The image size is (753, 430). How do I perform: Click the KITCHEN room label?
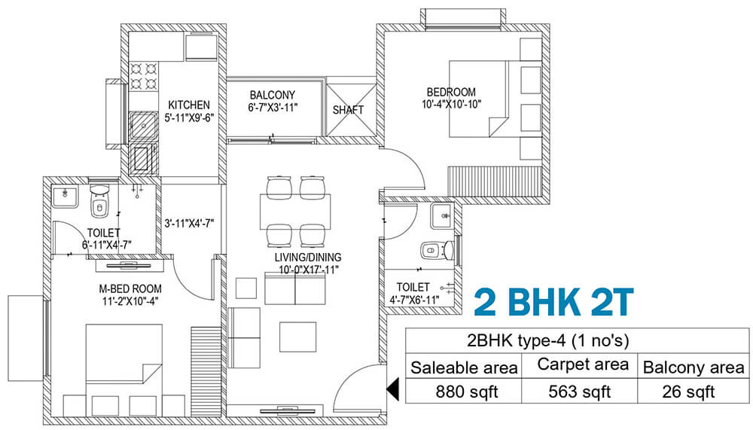pos(189,105)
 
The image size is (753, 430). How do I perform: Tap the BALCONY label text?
pos(273,95)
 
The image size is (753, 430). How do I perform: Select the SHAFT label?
pos(348,110)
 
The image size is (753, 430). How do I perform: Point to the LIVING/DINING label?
pos(308,258)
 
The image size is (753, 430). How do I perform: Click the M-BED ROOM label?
pos(130,289)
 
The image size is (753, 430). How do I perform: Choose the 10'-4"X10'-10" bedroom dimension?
pos(451,104)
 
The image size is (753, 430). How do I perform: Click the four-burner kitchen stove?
pos(144,76)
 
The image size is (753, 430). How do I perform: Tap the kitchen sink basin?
pos(143,127)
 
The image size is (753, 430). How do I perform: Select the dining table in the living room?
pos(295,212)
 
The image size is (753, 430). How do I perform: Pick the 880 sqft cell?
pos(466,392)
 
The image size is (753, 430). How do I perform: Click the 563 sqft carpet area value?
pos(580,392)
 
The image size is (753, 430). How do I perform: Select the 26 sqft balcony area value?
pos(688,392)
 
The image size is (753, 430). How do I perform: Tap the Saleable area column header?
pos(464,368)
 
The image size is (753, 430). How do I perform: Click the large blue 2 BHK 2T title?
pos(553,302)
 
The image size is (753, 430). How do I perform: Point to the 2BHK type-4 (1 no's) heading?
pos(547,341)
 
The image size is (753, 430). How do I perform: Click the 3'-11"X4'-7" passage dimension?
pos(189,224)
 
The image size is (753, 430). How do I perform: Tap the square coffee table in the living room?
pos(297,337)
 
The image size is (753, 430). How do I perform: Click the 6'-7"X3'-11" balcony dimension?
pos(273,108)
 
